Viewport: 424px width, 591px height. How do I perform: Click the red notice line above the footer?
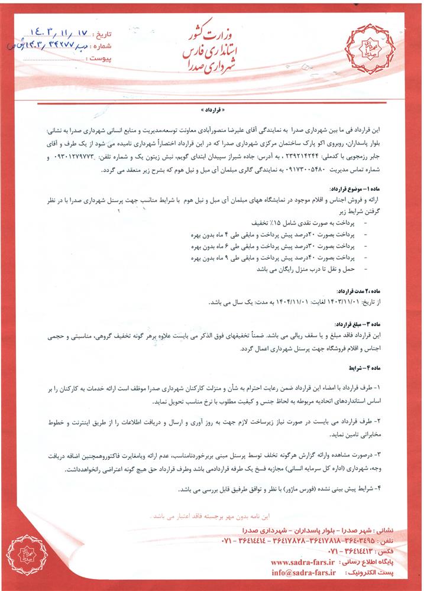212,515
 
